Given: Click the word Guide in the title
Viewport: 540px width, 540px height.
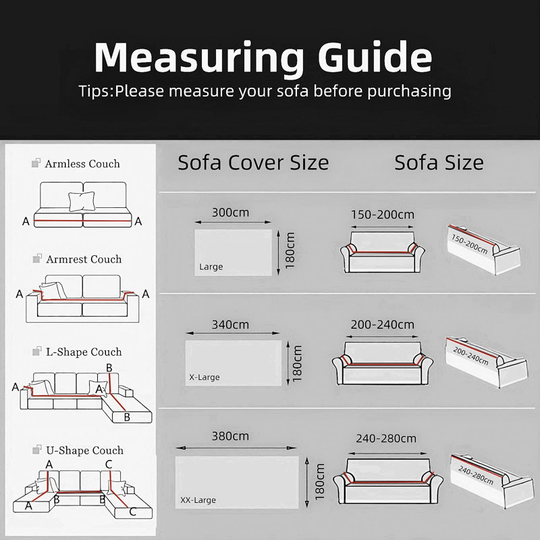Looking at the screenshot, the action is pyautogui.click(x=375, y=57).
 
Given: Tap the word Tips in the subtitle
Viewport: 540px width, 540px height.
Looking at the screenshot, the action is pyautogui.click(x=94, y=92).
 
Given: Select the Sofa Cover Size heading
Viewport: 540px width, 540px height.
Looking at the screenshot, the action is pyautogui.click(x=253, y=163).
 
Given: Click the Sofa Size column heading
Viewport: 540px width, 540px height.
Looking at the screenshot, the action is pyautogui.click(x=439, y=163).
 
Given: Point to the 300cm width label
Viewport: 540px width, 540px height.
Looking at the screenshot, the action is pyautogui.click(x=230, y=212).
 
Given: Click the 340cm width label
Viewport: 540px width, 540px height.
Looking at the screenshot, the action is pyautogui.click(x=230, y=325).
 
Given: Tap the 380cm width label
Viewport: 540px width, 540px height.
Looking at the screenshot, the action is pyautogui.click(x=230, y=436).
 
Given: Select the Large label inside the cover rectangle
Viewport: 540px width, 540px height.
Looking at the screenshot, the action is pyautogui.click(x=211, y=267).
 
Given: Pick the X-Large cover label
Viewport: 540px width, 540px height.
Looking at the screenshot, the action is pyautogui.click(x=205, y=377).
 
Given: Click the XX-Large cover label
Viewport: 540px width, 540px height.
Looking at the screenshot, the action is pyautogui.click(x=198, y=500).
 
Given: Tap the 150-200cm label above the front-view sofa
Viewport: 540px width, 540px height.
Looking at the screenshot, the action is pyautogui.click(x=382, y=215).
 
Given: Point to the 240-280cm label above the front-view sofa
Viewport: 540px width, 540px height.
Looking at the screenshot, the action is pyautogui.click(x=386, y=438).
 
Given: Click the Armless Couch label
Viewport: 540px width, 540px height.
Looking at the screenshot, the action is pyautogui.click(x=82, y=164).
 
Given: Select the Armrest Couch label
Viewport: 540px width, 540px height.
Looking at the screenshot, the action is pyautogui.click(x=84, y=259).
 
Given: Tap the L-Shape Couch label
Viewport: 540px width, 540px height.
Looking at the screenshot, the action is pyautogui.click(x=84, y=352).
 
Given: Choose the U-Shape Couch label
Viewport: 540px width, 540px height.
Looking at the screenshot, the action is pyautogui.click(x=85, y=450).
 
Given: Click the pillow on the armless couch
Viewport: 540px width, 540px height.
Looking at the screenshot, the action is pyautogui.click(x=82, y=201).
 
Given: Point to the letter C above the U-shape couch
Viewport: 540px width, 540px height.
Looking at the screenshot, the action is pyautogui.click(x=109, y=464).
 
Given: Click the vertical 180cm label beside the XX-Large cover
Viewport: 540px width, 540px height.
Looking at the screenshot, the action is pyautogui.click(x=319, y=482).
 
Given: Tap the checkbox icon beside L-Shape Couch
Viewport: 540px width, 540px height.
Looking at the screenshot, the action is pyautogui.click(x=36, y=351).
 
